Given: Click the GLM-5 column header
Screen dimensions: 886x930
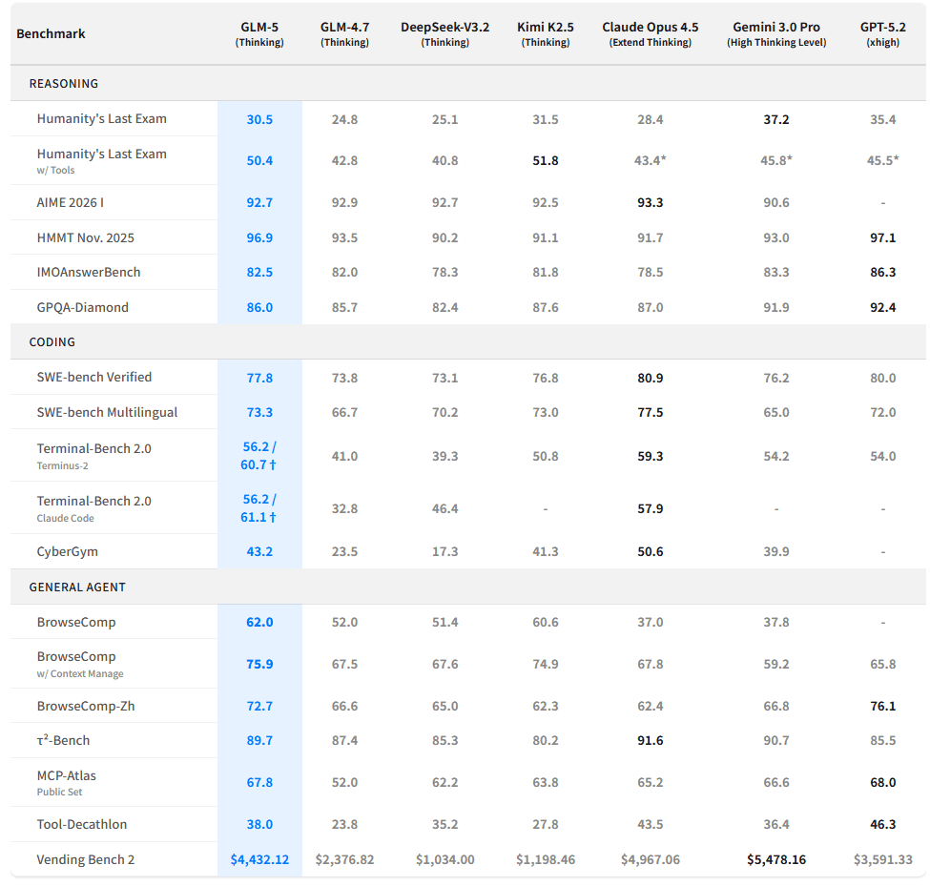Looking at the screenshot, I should pyautogui.click(x=259, y=33).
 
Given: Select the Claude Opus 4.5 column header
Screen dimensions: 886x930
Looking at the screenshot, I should pyautogui.click(x=650, y=33).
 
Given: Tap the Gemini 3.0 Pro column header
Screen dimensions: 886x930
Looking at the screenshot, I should pyautogui.click(x=776, y=33).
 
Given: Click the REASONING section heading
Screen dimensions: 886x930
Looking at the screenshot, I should pyautogui.click(x=64, y=84).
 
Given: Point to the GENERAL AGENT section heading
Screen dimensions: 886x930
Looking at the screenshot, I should pyautogui.click(x=77, y=587).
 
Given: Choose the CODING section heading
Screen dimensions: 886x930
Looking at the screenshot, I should pyautogui.click(x=52, y=342).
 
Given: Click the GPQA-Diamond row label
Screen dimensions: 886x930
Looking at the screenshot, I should pyautogui.click(x=83, y=308).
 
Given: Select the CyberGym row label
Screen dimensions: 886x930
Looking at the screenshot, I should pyautogui.click(x=68, y=552).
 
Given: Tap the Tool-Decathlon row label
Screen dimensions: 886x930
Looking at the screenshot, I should pyautogui.click(x=82, y=825).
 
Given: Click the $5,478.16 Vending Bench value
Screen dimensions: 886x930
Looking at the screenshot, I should pyautogui.click(x=776, y=860).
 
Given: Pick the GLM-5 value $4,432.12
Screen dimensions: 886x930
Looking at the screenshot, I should pyautogui.click(x=259, y=860).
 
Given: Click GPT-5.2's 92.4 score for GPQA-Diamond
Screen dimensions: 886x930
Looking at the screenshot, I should pyautogui.click(x=882, y=308).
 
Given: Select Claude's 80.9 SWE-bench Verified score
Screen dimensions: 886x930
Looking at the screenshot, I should pyautogui.click(x=650, y=379).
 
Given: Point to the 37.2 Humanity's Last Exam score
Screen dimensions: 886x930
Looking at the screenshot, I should pyautogui.click(x=776, y=120).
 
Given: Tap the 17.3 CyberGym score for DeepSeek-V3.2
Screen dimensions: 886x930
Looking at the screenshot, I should pyautogui.click(x=444, y=552).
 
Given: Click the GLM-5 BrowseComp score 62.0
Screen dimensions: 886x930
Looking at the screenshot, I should pyautogui.click(x=259, y=623).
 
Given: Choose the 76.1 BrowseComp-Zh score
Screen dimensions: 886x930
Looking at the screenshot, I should pyautogui.click(x=882, y=707).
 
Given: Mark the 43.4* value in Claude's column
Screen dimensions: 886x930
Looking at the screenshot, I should pyautogui.click(x=650, y=161).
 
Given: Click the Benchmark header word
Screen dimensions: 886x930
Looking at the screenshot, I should pyautogui.click(x=51, y=33).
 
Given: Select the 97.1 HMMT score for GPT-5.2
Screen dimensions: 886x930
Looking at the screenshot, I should pyautogui.click(x=882, y=238).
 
